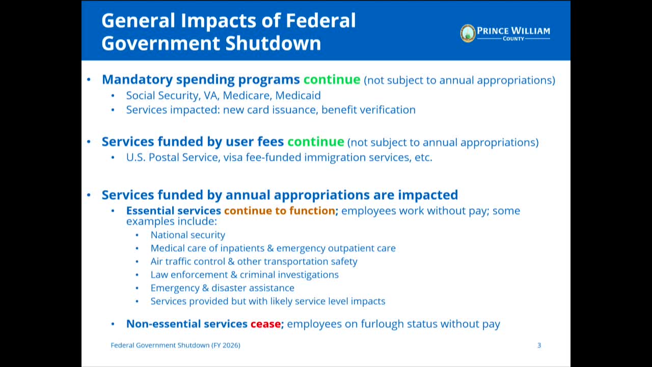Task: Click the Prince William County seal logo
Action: pyautogui.click(x=468, y=33)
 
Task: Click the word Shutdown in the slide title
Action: pyautogui.click(x=273, y=43)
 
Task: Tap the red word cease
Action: pyautogui.click(x=265, y=324)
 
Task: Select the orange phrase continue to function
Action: pyautogui.click(x=280, y=211)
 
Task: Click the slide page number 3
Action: pyautogui.click(x=539, y=346)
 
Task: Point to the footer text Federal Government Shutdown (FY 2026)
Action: pyautogui.click(x=176, y=346)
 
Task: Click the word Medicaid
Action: pyautogui.click(x=298, y=95)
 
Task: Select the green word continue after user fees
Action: pyautogui.click(x=316, y=142)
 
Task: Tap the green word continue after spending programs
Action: pyautogui.click(x=332, y=80)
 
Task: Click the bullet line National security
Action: pyautogui.click(x=188, y=235)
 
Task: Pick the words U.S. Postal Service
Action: pyautogui.click(x=172, y=158)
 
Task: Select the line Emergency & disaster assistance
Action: pyautogui.click(x=223, y=288)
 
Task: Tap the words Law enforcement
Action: pyautogui.click(x=189, y=275)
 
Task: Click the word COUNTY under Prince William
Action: pyautogui.click(x=513, y=39)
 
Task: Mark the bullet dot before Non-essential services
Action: pyautogui.click(x=113, y=324)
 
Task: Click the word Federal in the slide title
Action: pyautogui.click(x=320, y=20)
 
